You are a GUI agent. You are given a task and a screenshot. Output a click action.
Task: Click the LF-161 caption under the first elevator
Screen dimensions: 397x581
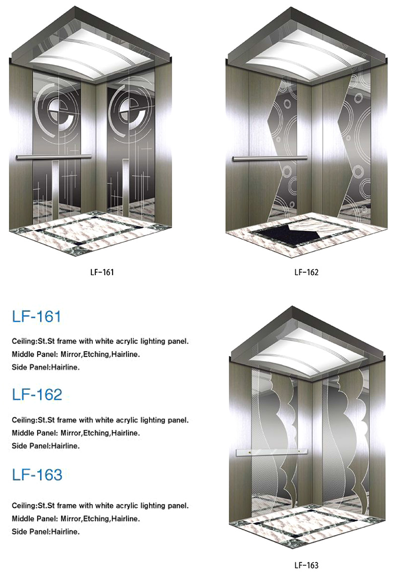tap(102, 272)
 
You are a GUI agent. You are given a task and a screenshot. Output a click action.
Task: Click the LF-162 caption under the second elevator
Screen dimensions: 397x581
tap(306, 272)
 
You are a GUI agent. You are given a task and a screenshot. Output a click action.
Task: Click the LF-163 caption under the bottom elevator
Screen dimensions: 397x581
tap(306, 565)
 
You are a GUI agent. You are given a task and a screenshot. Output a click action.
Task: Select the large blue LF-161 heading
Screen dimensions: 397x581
tap(36, 316)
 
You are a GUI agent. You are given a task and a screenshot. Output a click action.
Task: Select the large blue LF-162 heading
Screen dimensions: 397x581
tap(37, 395)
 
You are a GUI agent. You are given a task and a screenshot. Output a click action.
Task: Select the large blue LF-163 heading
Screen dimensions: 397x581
tap(37, 475)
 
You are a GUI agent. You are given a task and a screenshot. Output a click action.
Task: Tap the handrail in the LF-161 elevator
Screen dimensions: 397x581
tap(53, 157)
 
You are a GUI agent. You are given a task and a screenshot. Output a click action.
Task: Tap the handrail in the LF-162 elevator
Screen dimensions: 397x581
tap(269, 158)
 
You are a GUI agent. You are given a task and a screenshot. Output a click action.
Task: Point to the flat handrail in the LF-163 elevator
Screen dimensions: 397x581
tap(271, 452)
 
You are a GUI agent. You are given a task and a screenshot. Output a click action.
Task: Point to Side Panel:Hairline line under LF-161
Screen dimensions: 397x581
tap(46, 367)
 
